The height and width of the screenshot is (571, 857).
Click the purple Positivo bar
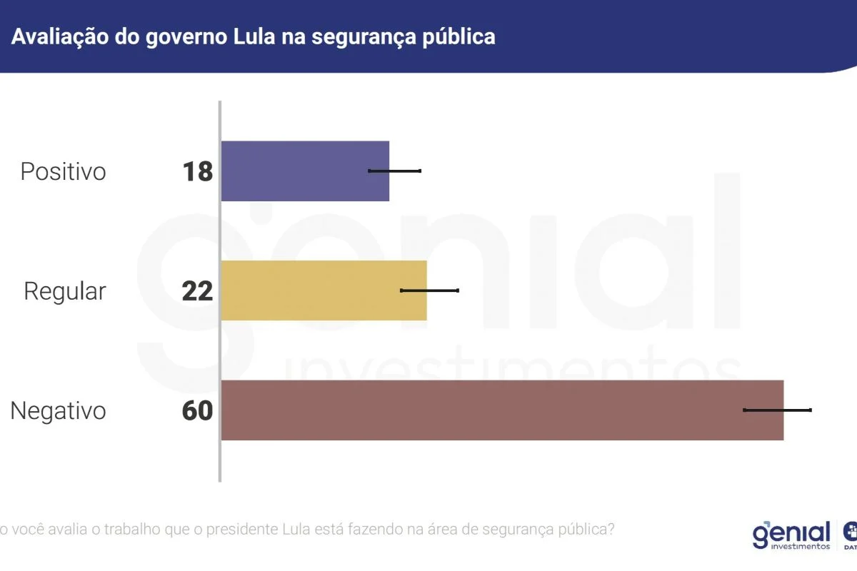coord(305,171)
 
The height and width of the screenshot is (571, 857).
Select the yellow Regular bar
coord(324,290)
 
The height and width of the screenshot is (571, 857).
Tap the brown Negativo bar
coord(502,410)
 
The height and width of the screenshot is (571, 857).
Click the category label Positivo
coord(63,172)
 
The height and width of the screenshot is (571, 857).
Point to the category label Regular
coord(65,291)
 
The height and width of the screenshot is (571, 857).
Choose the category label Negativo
coord(58,411)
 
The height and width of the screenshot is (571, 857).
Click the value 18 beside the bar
coord(198,172)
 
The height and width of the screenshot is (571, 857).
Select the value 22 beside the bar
coord(198,291)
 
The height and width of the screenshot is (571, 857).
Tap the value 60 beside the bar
coord(198,411)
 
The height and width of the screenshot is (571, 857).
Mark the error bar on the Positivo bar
coord(394,171)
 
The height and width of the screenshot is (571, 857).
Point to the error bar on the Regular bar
coord(429,290)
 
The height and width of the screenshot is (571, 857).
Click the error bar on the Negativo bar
coord(777,410)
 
